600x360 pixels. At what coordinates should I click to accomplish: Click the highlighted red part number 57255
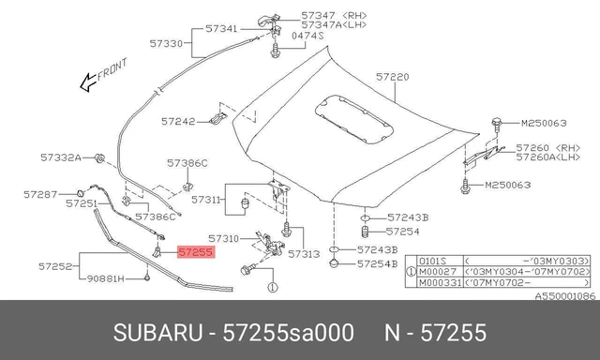coord(196,252)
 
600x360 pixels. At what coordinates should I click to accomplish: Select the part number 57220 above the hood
coord(392,77)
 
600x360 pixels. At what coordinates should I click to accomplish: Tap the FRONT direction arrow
coord(88,82)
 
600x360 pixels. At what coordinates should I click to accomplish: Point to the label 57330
coord(166,44)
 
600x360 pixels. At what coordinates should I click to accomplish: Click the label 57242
coord(178,122)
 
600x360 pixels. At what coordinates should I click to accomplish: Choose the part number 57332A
coord(61,157)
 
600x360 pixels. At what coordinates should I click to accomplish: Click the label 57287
coord(40,195)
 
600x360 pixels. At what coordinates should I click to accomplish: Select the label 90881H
coord(106,278)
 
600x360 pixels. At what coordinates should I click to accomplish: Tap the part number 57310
coord(223,239)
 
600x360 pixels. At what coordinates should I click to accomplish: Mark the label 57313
coord(304,254)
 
